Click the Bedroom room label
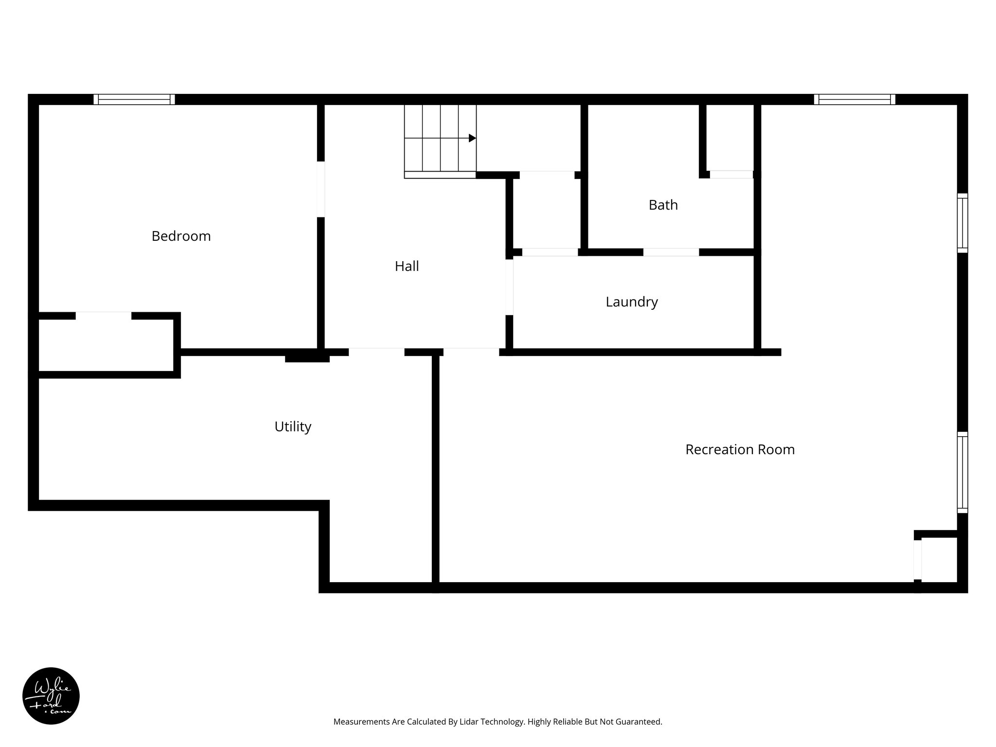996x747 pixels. pos(181,236)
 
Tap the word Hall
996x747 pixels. pos(407,267)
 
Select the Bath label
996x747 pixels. pos(663,205)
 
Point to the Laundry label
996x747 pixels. pos(631,302)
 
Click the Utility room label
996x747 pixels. pos(292,427)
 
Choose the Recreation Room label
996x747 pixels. pos(740,449)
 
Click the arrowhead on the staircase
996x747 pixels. pos(472,138)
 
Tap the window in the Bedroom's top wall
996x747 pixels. pos(134,99)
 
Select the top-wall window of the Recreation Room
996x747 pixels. pos(854,99)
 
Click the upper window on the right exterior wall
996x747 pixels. pos(962,223)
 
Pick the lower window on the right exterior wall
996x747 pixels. pos(962,472)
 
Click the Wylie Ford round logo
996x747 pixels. pos(51,696)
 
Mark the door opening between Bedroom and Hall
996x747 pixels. pos(320,189)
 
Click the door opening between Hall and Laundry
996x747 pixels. pos(509,287)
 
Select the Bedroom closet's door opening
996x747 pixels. pos(103,316)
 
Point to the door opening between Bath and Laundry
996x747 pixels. pos(671,252)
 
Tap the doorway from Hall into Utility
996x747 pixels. pos(376,352)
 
